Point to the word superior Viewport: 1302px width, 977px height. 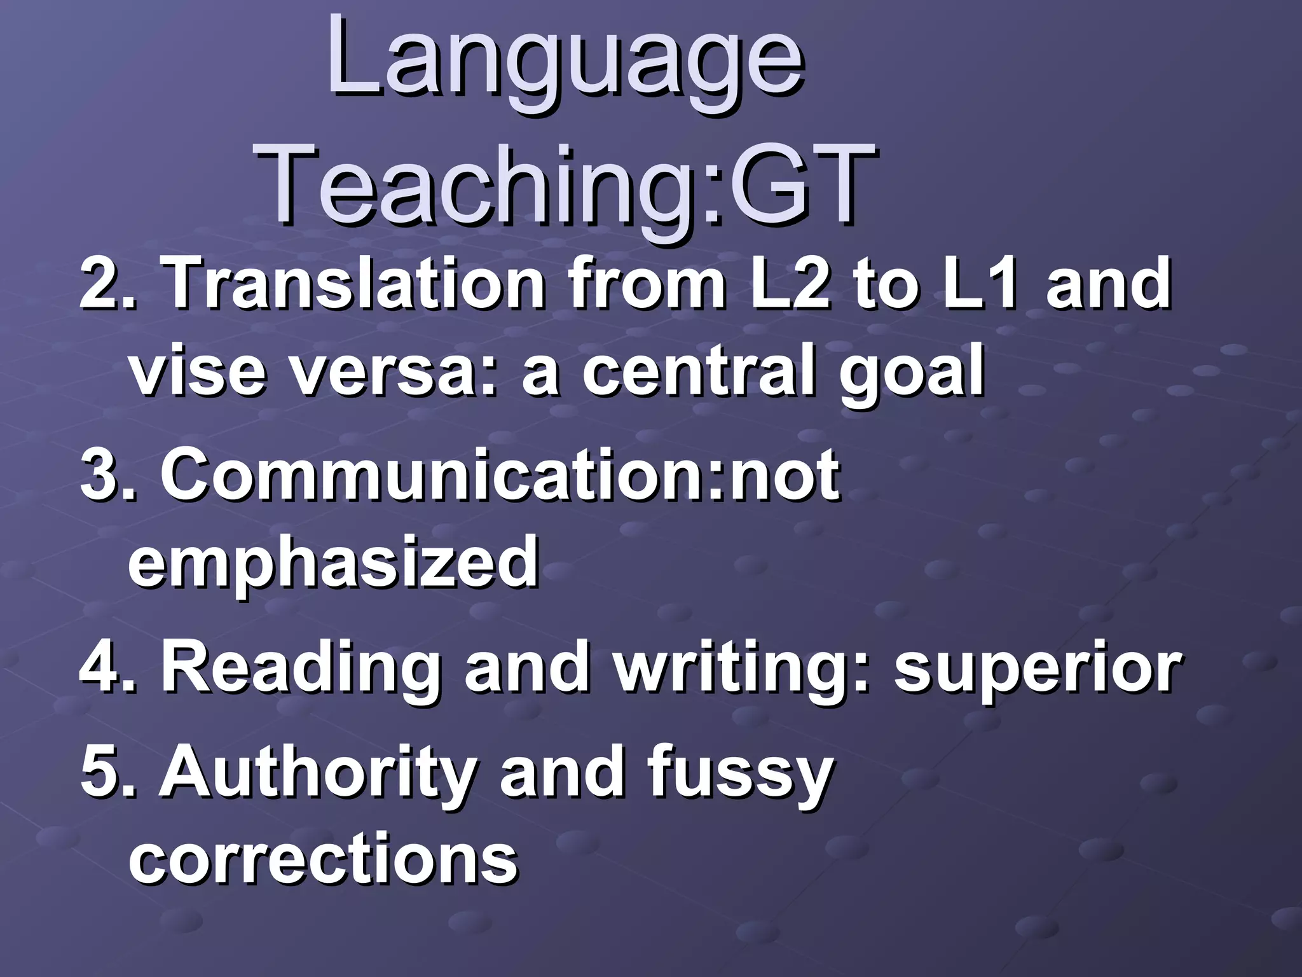pos(1038,670)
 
